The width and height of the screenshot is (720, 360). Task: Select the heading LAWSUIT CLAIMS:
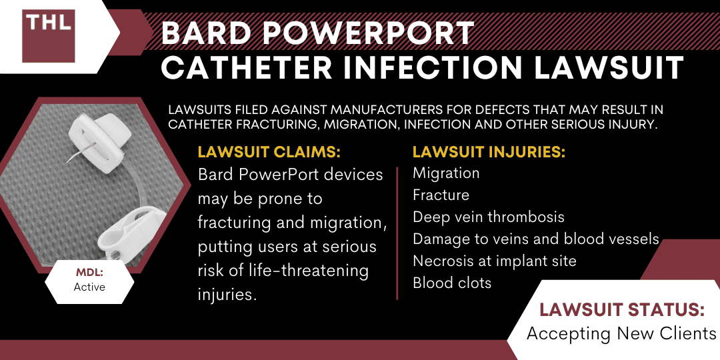click(269, 153)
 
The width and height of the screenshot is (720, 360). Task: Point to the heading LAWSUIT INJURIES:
click(489, 153)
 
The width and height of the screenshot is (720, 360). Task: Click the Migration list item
click(446, 173)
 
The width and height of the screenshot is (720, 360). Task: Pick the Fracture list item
click(441, 195)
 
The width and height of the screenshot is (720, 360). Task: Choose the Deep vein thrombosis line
click(488, 217)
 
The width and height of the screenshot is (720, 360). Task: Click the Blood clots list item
click(452, 283)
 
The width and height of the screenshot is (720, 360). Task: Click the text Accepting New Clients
click(621, 333)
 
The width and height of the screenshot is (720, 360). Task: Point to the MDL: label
click(89, 274)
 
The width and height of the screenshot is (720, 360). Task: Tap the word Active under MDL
click(89, 287)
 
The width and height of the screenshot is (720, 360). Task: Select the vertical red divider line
click(397, 233)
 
